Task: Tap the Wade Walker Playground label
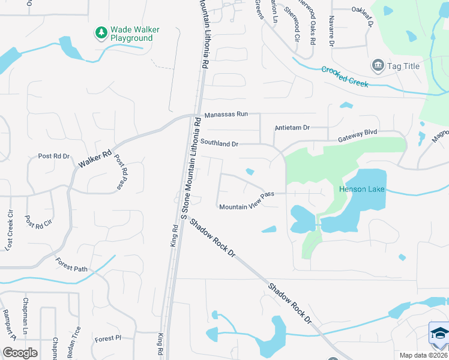click(131, 33)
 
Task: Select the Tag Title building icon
click(378, 65)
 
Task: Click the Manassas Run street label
click(226, 115)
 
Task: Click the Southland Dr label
click(220, 144)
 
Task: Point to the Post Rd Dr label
click(53, 156)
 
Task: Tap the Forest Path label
click(71, 265)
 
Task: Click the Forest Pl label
click(108, 338)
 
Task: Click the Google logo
click(20, 352)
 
